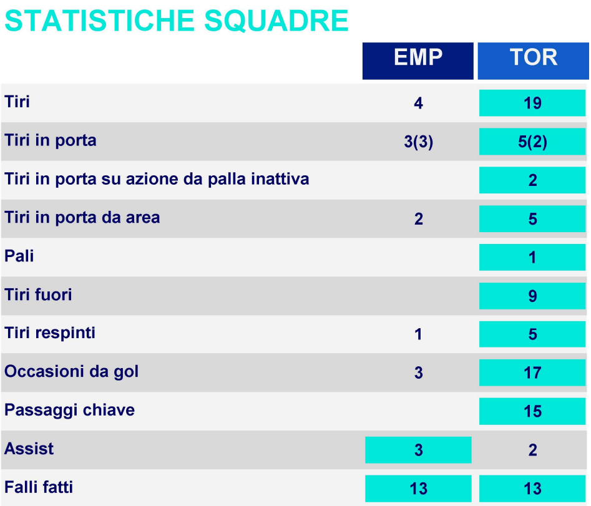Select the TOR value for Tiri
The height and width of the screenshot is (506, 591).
(x=532, y=103)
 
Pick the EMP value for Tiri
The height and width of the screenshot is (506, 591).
(x=418, y=103)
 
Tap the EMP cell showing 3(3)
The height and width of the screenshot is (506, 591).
(x=418, y=142)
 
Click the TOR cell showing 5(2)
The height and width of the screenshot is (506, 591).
(x=532, y=142)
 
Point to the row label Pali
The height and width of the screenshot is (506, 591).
(x=19, y=256)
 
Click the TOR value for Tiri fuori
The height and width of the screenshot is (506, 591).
(x=532, y=296)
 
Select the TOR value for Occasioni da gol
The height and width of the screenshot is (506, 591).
(x=532, y=372)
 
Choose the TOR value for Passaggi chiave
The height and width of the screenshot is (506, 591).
(x=532, y=411)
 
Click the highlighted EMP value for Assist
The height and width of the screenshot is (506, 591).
(x=418, y=450)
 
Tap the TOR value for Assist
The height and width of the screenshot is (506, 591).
(x=532, y=450)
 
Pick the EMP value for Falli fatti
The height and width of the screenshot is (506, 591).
(x=418, y=489)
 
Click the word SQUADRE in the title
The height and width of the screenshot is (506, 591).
(x=276, y=21)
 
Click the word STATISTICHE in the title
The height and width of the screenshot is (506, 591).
(x=99, y=21)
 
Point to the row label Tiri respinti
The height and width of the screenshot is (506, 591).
(x=50, y=333)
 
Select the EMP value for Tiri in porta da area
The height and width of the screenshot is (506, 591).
(x=418, y=219)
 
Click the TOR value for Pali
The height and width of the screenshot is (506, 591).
(x=532, y=257)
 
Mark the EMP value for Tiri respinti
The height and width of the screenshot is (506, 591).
(x=418, y=334)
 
